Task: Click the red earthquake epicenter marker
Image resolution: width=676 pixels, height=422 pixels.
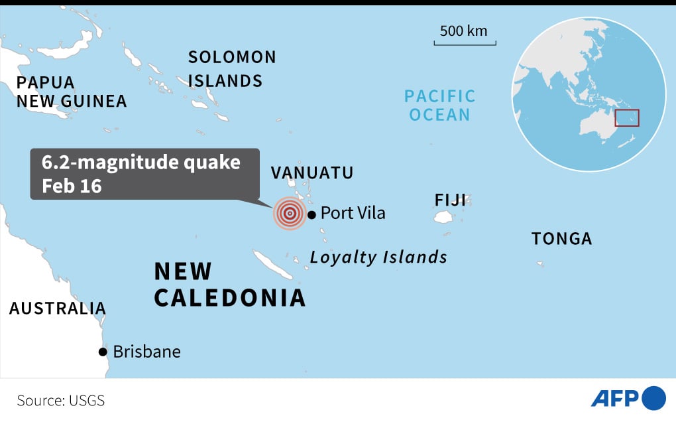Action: [289, 214]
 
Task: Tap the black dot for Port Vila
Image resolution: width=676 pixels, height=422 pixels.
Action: [311, 214]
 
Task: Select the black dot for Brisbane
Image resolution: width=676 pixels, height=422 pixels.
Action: [103, 352]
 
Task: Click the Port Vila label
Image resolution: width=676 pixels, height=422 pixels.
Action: [353, 213]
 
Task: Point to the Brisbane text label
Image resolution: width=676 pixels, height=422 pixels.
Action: [146, 352]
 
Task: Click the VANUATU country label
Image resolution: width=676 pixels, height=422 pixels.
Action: [312, 173]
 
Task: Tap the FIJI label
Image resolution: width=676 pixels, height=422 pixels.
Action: [451, 200]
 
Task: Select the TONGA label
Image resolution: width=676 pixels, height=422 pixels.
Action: [561, 239]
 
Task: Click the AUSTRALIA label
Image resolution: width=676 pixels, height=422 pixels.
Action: [57, 308]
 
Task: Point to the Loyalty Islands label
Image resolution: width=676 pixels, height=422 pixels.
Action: [378, 257]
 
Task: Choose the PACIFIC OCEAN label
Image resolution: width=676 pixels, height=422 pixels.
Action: [440, 105]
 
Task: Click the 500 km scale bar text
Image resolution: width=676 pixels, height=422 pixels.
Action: [463, 31]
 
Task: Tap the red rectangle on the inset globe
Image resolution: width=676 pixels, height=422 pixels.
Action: [627, 118]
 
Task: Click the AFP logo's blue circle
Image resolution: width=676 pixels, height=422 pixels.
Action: [654, 398]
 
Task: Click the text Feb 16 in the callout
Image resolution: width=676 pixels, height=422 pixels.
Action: [72, 186]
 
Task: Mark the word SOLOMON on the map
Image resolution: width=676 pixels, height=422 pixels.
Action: [232, 57]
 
